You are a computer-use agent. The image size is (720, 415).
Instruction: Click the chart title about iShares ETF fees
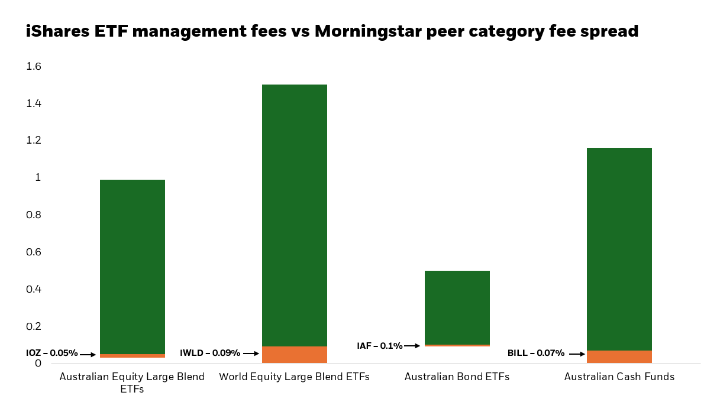(332, 31)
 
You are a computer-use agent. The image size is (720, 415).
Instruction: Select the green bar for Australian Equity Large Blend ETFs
(133, 266)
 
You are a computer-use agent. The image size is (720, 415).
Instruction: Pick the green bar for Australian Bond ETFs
(457, 307)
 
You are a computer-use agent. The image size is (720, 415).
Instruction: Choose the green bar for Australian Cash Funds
(619, 249)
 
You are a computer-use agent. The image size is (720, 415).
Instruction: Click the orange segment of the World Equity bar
(295, 355)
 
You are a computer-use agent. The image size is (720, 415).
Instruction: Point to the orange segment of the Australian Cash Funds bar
(619, 356)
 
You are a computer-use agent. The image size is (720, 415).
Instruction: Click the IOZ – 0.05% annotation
(52, 353)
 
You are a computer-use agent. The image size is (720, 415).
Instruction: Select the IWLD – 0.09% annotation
(210, 353)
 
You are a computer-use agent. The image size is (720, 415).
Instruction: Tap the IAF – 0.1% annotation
(379, 345)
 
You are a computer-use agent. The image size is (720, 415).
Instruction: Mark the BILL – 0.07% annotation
(536, 353)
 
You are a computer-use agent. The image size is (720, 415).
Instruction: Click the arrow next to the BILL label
(577, 354)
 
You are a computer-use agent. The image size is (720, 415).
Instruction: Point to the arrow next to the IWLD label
(251, 354)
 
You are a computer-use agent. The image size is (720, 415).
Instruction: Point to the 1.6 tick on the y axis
(34, 66)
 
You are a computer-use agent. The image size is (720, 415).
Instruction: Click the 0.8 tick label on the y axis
(34, 215)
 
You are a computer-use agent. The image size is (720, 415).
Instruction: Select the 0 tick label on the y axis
(38, 363)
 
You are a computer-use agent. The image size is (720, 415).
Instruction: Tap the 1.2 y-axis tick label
(34, 140)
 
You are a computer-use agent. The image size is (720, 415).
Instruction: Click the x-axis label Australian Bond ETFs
(457, 377)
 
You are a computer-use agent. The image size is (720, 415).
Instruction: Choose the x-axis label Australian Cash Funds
(619, 377)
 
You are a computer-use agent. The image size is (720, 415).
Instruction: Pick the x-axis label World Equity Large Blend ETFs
(295, 377)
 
